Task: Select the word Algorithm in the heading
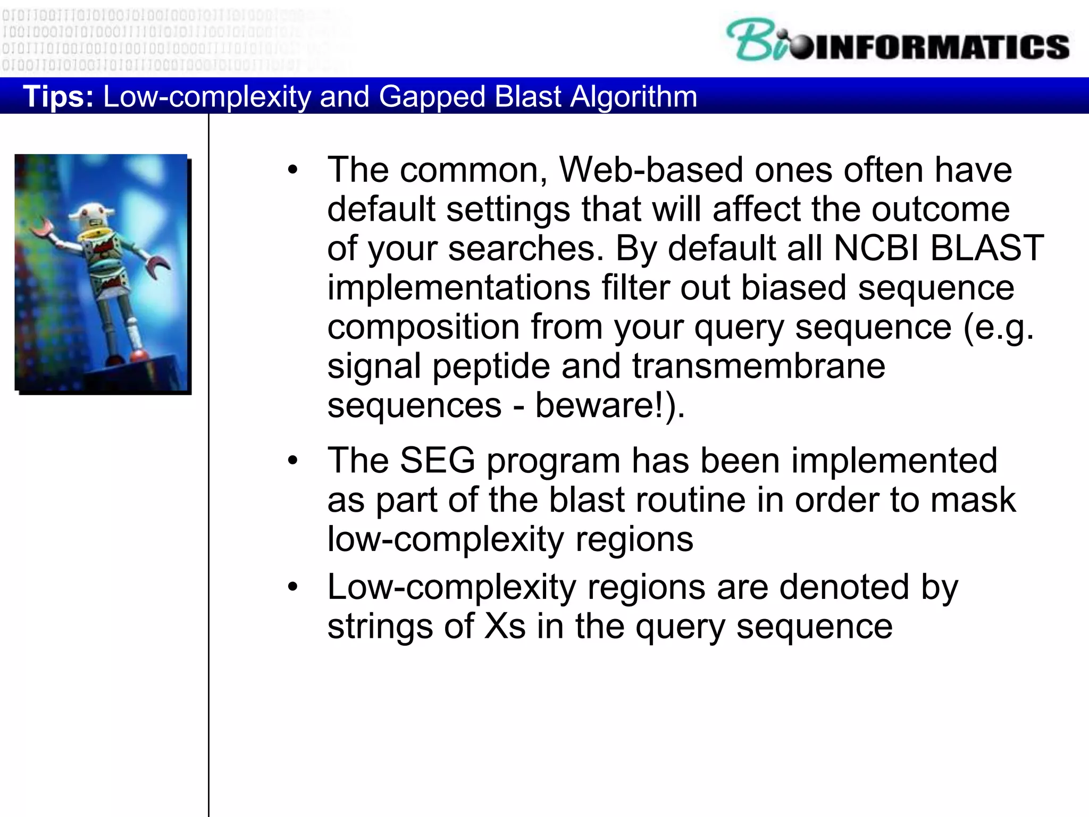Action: (633, 97)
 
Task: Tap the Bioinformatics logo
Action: (898, 41)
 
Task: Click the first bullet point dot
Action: (292, 171)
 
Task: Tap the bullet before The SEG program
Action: (292, 461)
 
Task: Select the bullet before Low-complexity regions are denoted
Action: (292, 588)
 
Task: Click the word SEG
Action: (437, 460)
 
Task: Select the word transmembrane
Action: (759, 366)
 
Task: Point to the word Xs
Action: (505, 626)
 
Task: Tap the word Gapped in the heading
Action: (432, 97)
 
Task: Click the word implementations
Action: (458, 288)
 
